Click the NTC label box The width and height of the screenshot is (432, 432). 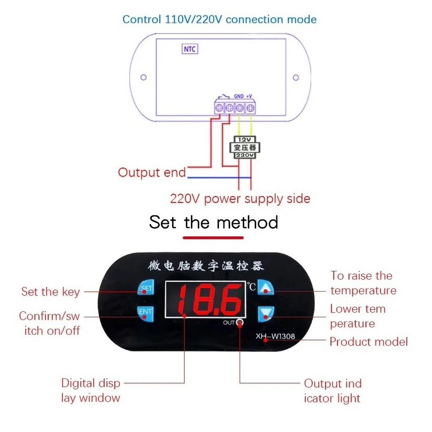coord(190,49)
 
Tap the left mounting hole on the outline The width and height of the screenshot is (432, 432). coord(143,78)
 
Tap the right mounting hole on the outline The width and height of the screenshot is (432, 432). coord(296,78)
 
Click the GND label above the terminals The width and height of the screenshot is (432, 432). coord(239,96)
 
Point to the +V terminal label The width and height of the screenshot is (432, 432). coord(249,96)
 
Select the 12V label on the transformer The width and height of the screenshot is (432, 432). coord(245,139)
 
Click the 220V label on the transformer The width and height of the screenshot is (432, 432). coord(245,155)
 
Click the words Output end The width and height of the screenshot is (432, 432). coord(152,173)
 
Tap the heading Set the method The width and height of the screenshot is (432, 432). coord(213,222)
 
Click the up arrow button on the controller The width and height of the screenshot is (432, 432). coord(265,288)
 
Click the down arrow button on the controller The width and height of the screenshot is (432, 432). coord(266,314)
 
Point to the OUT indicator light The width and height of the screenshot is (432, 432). coord(240,322)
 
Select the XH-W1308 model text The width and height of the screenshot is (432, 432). coord(275,336)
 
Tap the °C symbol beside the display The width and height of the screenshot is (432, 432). coord(251,286)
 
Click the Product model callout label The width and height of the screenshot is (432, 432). coord(369,342)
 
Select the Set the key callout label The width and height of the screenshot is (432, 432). coord(51,292)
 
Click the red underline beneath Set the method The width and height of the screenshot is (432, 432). coord(213,238)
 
